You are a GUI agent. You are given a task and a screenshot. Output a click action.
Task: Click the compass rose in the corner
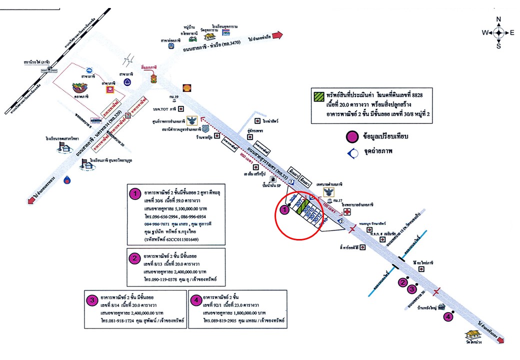tap(498, 32)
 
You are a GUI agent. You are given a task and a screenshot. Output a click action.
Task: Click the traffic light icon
tap(153, 79)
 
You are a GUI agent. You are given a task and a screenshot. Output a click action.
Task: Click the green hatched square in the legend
tap(317, 94)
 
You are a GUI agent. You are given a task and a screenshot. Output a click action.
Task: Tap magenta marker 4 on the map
tap(448, 317)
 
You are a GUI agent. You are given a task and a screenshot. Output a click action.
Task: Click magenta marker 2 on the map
tap(402, 282)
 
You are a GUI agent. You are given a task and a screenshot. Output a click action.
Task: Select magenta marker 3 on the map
tap(412, 288)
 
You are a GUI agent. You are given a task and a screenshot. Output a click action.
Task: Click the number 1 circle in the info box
tap(134, 193)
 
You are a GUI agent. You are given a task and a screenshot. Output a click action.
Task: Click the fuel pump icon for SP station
tap(273, 179)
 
